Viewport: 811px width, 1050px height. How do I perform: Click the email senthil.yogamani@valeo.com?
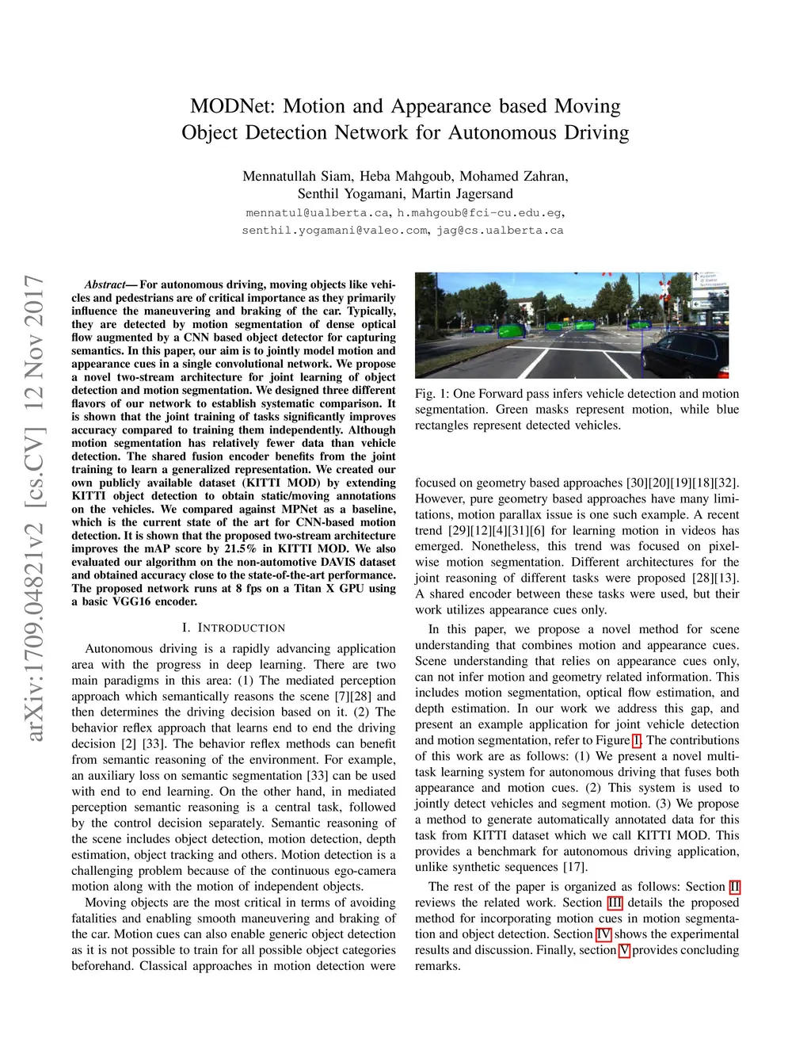[335, 231]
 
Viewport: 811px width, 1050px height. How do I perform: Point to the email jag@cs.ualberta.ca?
[500, 231]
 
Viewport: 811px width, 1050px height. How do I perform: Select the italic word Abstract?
[105, 284]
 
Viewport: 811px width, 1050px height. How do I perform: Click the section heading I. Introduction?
[233, 628]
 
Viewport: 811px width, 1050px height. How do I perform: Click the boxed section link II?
[734, 887]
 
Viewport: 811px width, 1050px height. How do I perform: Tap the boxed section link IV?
[603, 934]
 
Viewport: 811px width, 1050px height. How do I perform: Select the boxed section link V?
[624, 950]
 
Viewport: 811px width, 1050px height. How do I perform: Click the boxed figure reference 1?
[637, 740]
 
